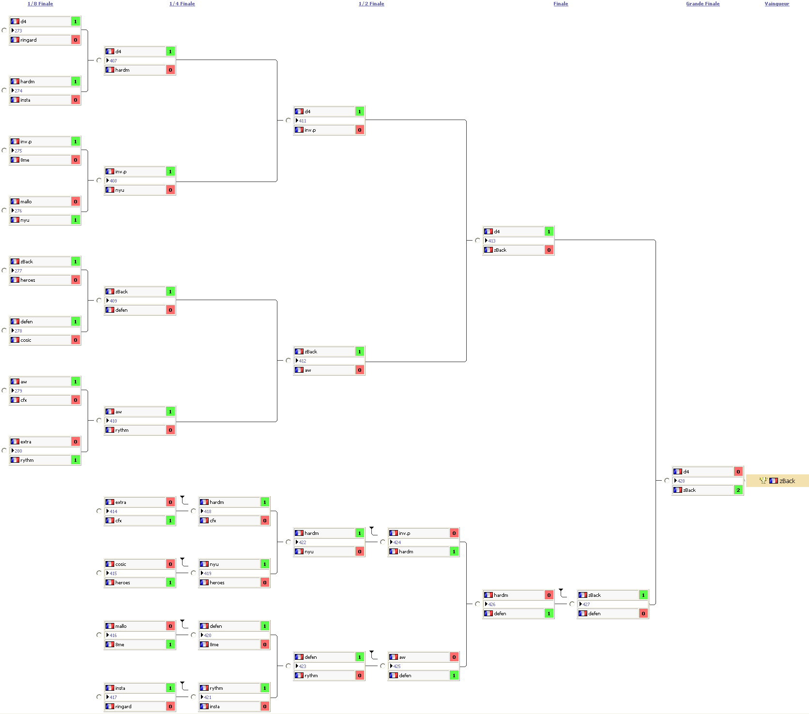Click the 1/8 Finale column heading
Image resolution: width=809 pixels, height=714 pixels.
click(40, 4)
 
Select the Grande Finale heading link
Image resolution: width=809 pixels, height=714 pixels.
click(702, 4)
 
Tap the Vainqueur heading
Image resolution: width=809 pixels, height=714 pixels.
click(777, 4)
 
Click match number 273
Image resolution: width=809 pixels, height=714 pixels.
click(18, 30)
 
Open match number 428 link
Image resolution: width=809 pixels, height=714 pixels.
click(681, 481)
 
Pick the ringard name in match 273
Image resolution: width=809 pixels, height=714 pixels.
click(29, 40)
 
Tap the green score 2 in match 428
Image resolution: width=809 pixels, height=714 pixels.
click(738, 490)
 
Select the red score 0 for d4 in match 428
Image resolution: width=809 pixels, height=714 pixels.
click(738, 471)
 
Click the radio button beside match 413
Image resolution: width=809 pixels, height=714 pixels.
click(477, 240)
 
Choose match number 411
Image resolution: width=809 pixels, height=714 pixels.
click(303, 121)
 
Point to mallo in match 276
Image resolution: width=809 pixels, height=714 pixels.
click(26, 201)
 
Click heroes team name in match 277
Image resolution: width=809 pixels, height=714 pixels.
click(28, 280)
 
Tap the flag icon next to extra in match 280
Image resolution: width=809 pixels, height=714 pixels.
click(15, 441)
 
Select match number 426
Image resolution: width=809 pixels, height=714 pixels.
click(492, 604)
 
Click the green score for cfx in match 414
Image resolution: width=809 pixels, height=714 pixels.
click(170, 520)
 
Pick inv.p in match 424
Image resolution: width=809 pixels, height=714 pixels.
click(404, 533)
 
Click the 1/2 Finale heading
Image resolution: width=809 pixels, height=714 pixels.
click(371, 4)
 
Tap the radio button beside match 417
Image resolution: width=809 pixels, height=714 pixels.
click(99, 697)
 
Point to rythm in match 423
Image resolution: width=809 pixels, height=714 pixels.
click(311, 675)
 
